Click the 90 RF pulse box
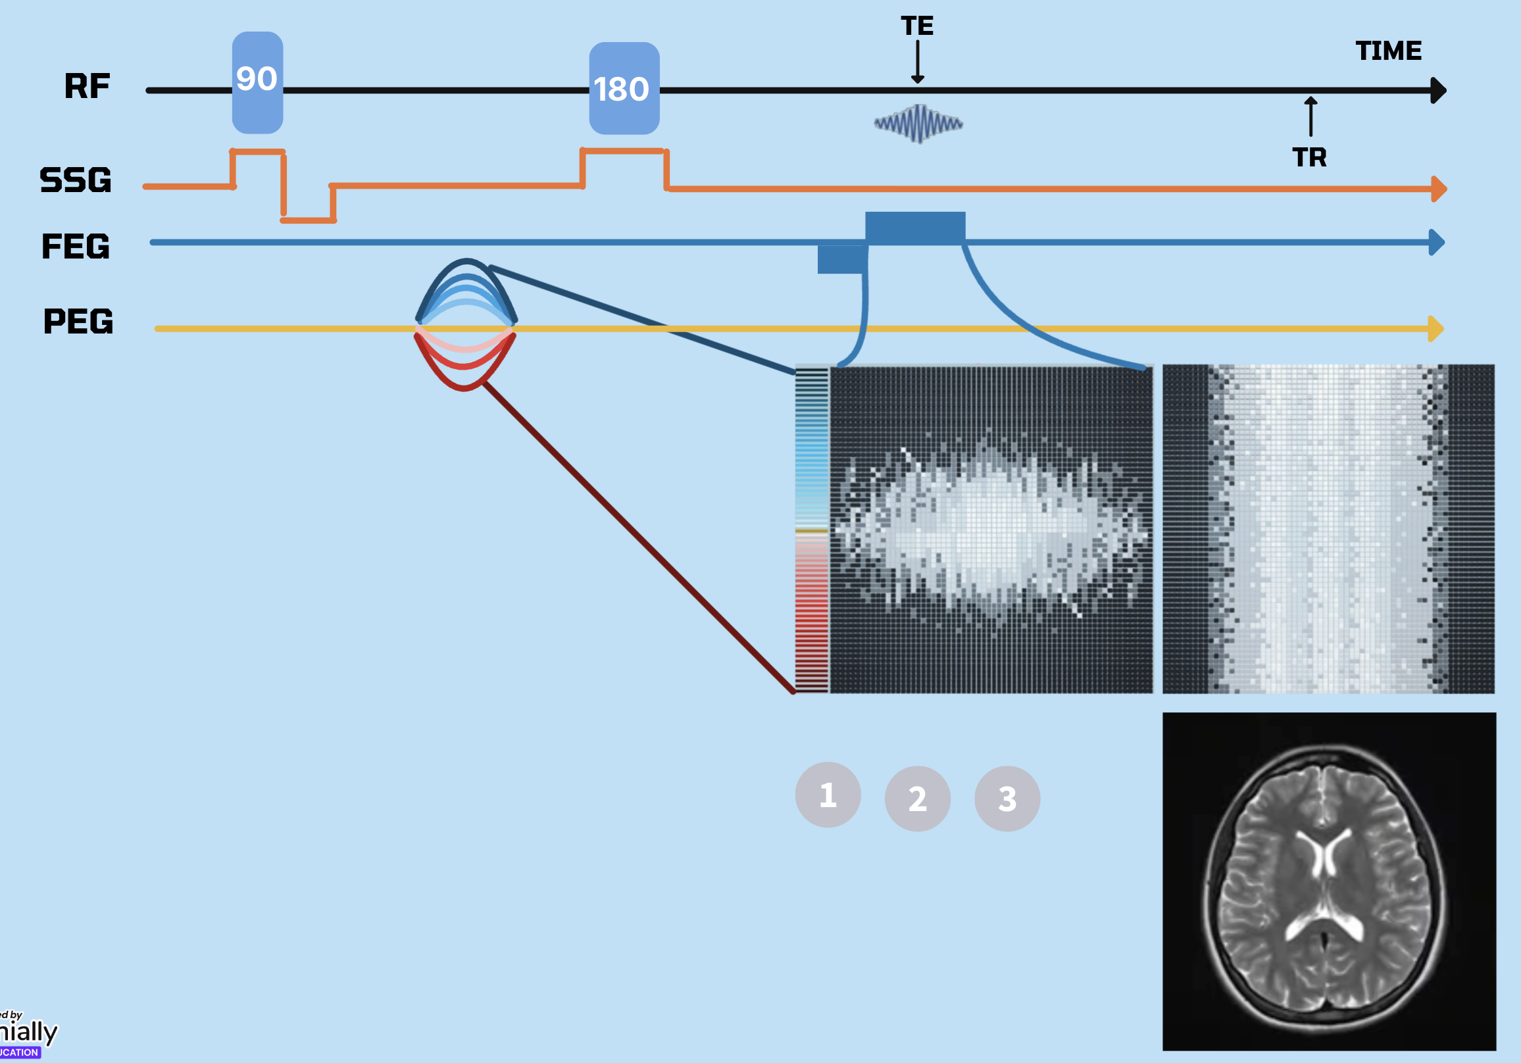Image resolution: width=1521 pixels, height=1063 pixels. pyautogui.click(x=257, y=82)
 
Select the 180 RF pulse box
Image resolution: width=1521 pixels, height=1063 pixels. pyautogui.click(x=624, y=88)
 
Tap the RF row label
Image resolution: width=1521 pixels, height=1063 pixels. pyautogui.click(x=87, y=86)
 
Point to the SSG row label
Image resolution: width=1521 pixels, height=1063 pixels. pyautogui.click(x=76, y=180)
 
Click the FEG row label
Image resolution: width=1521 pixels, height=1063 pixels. pyautogui.click(x=76, y=247)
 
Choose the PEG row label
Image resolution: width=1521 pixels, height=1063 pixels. pyautogui.click(x=78, y=322)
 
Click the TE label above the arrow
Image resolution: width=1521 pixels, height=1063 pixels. pyautogui.click(x=917, y=26)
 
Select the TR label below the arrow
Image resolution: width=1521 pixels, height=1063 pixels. pyautogui.click(x=1309, y=158)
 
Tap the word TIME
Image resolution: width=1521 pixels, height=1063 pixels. pyautogui.click(x=1389, y=51)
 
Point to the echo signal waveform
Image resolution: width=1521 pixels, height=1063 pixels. pyautogui.click(x=918, y=123)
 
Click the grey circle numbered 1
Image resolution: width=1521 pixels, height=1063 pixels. pyautogui.click(x=828, y=795)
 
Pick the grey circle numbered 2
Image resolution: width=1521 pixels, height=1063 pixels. pyautogui.click(x=918, y=799)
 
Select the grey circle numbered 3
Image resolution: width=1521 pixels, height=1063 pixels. pyautogui.click(x=1007, y=799)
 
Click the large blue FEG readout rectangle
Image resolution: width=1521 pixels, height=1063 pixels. pyautogui.click(x=915, y=227)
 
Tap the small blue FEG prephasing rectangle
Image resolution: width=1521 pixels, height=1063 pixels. pyautogui.click(x=842, y=259)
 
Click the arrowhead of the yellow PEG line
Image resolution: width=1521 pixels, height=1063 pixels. pyautogui.click(x=1435, y=328)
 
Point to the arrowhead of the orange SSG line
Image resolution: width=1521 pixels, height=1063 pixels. pyautogui.click(x=1438, y=189)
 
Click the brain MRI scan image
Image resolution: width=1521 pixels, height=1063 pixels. pyautogui.click(x=1329, y=881)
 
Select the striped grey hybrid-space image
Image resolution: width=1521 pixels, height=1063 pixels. pyautogui.click(x=1328, y=528)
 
